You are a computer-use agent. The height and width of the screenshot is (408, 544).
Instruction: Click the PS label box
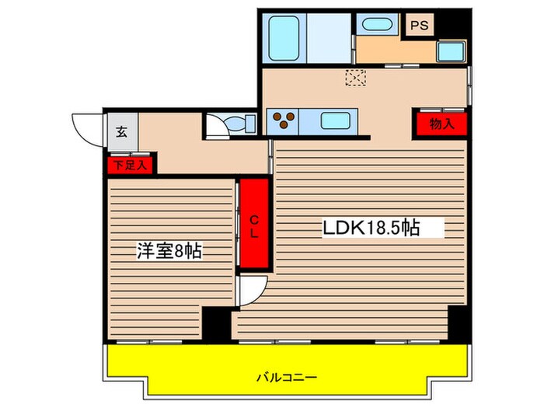tap(420, 25)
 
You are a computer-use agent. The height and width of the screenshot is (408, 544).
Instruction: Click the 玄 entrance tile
tap(122, 130)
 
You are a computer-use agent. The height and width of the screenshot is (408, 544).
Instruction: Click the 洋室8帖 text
tap(169, 251)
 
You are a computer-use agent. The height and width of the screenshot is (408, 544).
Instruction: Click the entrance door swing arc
tap(88, 128)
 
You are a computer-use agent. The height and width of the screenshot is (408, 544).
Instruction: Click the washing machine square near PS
tap(450, 52)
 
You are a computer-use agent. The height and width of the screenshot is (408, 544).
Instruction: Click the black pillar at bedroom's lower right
tap(217, 323)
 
